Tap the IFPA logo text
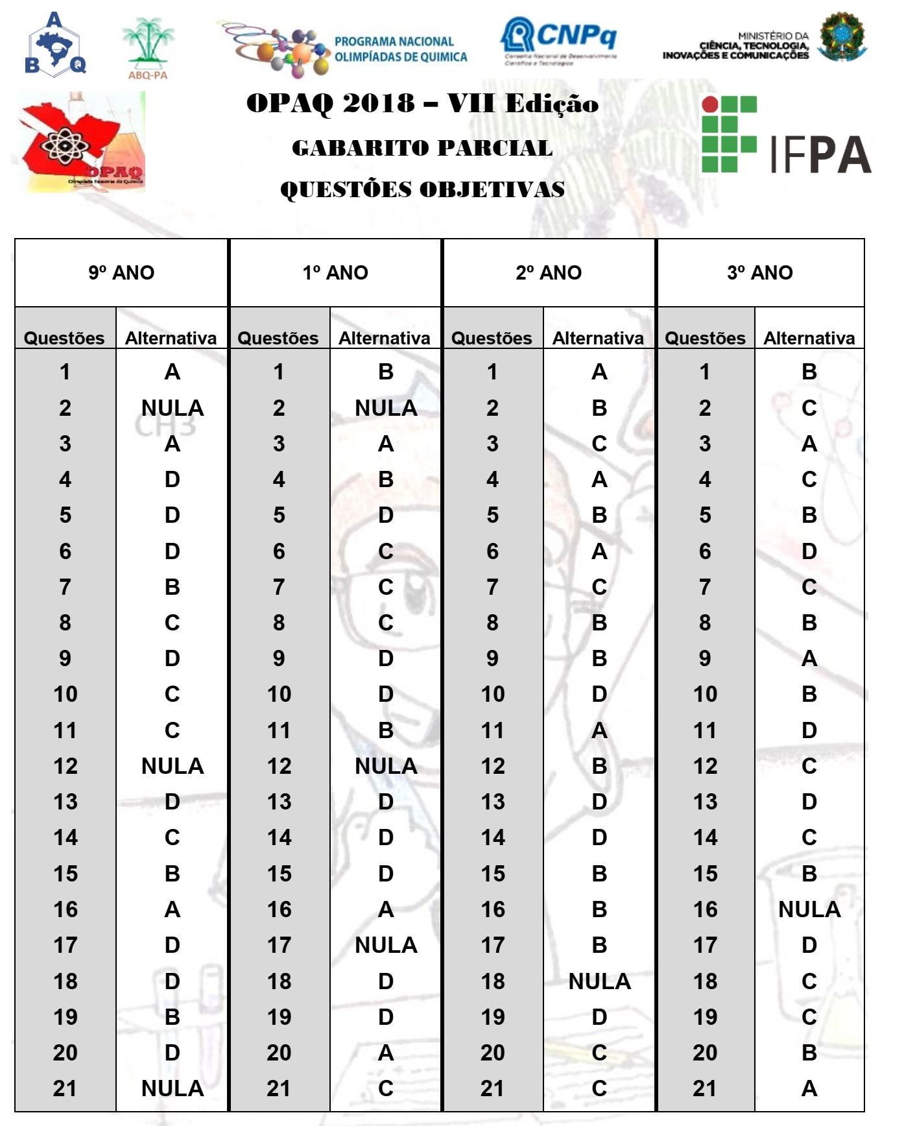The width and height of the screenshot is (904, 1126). [820, 154]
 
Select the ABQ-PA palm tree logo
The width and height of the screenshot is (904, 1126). [149, 47]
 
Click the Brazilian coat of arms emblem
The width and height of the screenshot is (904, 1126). [842, 37]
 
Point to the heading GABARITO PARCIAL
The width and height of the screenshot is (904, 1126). [422, 148]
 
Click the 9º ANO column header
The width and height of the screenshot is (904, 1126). [121, 272]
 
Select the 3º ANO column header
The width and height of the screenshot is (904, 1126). [760, 272]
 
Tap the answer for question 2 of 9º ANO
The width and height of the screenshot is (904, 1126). [172, 408]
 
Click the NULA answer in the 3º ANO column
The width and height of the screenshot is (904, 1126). [809, 909]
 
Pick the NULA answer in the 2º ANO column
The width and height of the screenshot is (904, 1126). [599, 981]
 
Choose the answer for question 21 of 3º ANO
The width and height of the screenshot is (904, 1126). [809, 1088]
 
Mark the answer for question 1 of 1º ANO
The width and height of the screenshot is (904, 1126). [386, 372]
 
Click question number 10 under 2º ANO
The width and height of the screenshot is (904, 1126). [493, 694]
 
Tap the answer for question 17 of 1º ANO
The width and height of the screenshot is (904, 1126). [386, 945]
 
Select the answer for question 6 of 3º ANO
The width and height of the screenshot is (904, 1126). [809, 551]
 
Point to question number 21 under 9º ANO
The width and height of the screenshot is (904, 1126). [65, 1088]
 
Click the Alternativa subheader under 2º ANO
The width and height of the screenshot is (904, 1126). [598, 338]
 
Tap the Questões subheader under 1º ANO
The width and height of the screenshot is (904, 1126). [278, 338]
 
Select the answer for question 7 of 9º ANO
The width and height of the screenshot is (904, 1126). [172, 587]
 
